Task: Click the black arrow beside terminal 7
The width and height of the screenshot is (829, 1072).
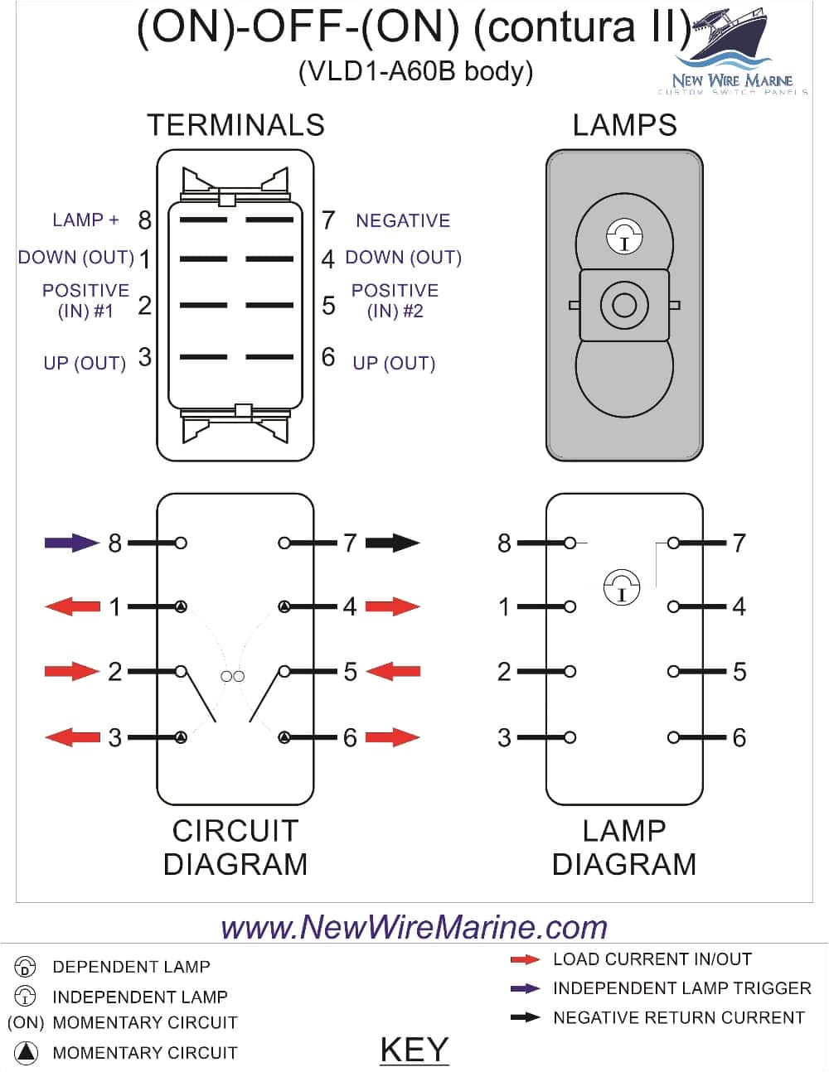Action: [x=392, y=543]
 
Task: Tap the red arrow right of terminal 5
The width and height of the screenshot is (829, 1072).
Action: [x=392, y=671]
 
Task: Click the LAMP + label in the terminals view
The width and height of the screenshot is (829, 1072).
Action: [x=85, y=220]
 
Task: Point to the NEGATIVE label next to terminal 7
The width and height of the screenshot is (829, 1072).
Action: [x=403, y=220]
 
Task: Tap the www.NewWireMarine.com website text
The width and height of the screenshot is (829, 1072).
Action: [x=414, y=926]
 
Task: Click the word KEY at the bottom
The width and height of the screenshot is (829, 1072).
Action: [x=414, y=1050]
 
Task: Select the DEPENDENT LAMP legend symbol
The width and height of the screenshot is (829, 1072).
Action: [x=26, y=967]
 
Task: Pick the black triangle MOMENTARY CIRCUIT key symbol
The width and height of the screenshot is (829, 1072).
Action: [x=26, y=1052]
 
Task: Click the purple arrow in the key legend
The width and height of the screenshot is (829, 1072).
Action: [x=526, y=988]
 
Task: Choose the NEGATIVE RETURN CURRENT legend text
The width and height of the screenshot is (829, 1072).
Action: [x=678, y=1017]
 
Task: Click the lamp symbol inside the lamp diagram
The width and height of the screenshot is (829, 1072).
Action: [x=622, y=587]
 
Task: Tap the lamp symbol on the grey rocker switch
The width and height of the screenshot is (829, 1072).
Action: [x=623, y=238]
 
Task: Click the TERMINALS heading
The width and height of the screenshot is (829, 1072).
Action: [x=235, y=125]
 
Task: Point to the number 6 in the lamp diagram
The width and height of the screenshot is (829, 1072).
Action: [x=739, y=737]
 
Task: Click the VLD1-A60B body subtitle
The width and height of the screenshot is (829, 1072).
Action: [x=415, y=72]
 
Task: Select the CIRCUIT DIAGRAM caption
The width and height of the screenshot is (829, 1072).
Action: [x=235, y=847]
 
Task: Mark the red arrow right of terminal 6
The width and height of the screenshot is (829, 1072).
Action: [x=392, y=737]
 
